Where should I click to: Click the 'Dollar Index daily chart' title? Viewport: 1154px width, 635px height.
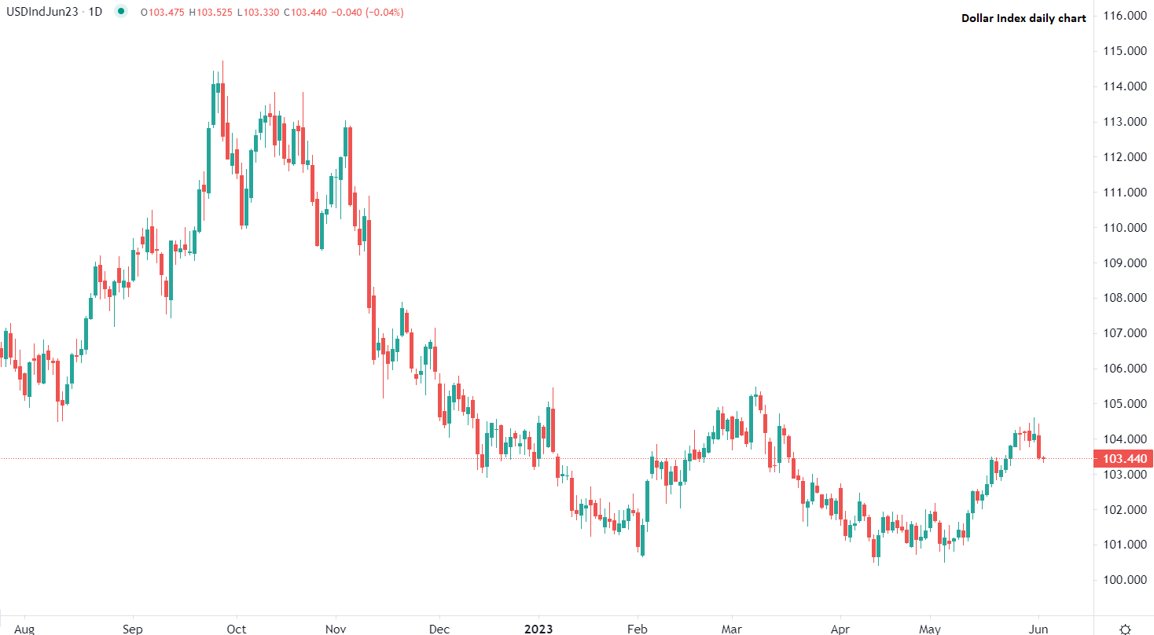click(x=1024, y=18)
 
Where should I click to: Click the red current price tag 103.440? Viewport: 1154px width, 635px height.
click(x=1123, y=459)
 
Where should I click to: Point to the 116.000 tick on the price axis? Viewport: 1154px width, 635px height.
click(x=1123, y=16)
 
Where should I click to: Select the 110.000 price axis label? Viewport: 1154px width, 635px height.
click(x=1123, y=228)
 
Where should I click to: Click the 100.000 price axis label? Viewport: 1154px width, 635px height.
click(x=1123, y=580)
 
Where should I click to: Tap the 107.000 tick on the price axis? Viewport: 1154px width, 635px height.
click(x=1123, y=333)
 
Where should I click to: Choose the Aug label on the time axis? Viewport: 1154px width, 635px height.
click(x=24, y=629)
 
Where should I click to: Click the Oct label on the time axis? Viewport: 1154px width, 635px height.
click(x=236, y=629)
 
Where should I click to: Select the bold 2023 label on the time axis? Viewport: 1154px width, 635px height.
click(x=538, y=629)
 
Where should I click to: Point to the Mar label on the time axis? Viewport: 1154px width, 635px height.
click(x=733, y=629)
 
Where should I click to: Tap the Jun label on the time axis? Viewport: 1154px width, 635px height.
click(x=1038, y=629)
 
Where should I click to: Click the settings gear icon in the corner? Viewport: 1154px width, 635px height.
click(x=1125, y=629)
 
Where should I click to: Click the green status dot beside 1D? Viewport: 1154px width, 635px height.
click(x=120, y=12)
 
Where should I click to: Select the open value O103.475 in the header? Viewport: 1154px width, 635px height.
click(x=162, y=12)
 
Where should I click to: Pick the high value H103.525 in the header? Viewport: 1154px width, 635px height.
click(x=211, y=12)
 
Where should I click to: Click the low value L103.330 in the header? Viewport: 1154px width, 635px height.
click(x=259, y=12)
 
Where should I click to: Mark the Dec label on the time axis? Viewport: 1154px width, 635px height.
click(x=439, y=629)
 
